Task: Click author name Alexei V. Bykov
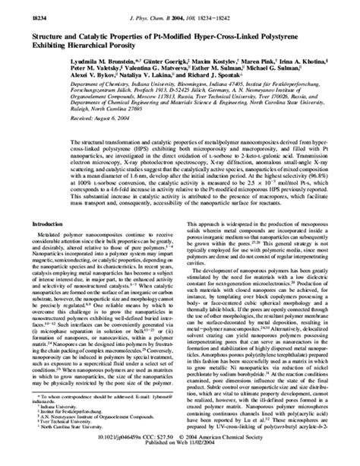62,75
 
